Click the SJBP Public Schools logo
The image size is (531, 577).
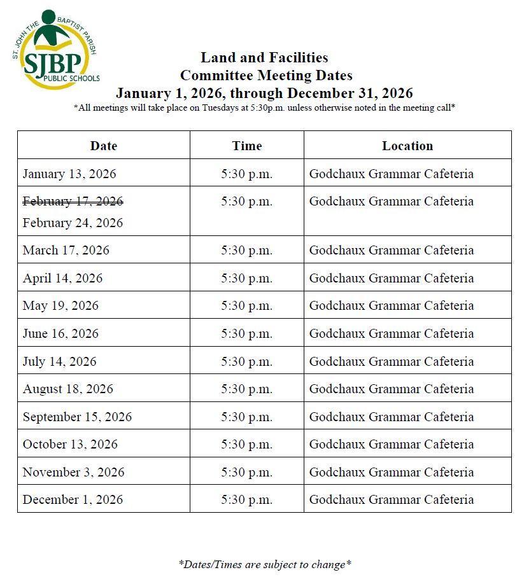click(x=55, y=50)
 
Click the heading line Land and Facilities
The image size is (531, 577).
click(x=264, y=58)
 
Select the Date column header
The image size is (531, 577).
click(x=103, y=146)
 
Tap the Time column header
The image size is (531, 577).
click(x=247, y=146)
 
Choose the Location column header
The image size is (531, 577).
click(x=407, y=146)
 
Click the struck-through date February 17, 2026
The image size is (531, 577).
click(x=73, y=201)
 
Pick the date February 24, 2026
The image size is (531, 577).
click(x=73, y=223)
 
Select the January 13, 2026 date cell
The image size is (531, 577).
click(x=69, y=174)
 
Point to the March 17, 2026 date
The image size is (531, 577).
click(x=66, y=250)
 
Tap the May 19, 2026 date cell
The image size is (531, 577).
click(x=61, y=305)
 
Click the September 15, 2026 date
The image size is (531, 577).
click(x=77, y=417)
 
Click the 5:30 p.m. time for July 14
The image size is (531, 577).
click(x=247, y=361)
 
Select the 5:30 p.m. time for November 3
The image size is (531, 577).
click(x=247, y=472)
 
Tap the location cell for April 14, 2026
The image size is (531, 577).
click(x=392, y=278)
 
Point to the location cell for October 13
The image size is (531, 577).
click(x=392, y=444)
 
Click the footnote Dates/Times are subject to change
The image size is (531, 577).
click(x=265, y=564)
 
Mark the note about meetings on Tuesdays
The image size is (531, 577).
click(x=264, y=108)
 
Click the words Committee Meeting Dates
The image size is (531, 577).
click(x=265, y=76)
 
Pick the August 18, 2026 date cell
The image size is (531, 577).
click(x=68, y=389)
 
